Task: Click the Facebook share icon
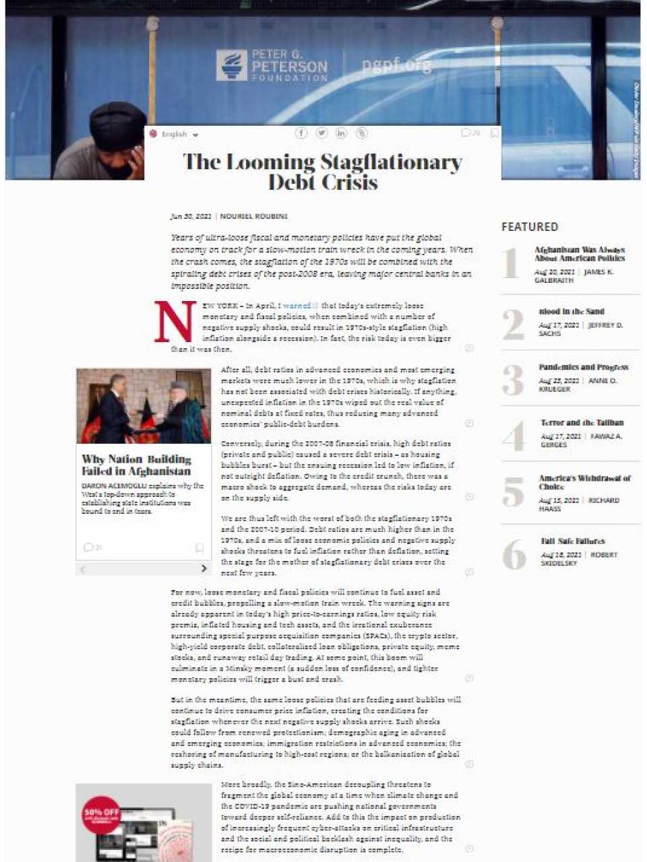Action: [301, 133]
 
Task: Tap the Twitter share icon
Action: [321, 133]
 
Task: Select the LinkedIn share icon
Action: [342, 133]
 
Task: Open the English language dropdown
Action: [175, 134]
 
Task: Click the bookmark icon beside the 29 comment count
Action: [495, 133]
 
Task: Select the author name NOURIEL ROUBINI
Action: [254, 216]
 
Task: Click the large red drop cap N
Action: [175, 322]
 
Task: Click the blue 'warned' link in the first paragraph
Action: [297, 306]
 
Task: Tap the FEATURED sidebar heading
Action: [530, 227]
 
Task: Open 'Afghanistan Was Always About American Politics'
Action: [580, 254]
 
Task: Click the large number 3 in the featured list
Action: [513, 380]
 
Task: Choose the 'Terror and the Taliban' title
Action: [582, 423]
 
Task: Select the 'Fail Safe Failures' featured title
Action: [572, 541]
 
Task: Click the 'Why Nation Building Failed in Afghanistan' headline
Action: [136, 465]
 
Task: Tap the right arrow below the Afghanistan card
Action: [204, 568]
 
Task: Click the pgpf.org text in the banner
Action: [396, 65]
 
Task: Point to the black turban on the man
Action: [117, 125]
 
